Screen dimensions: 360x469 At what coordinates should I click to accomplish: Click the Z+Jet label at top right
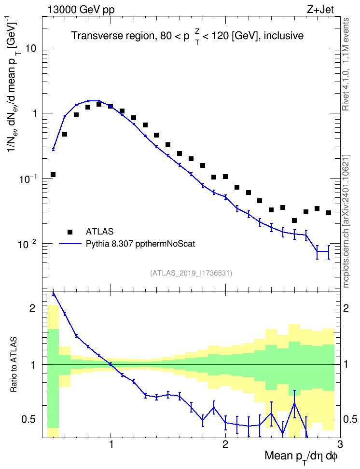tap(320, 10)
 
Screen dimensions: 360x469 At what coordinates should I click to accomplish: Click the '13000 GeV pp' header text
tap(81, 10)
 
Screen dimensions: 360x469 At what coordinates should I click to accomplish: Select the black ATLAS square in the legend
tap(70, 232)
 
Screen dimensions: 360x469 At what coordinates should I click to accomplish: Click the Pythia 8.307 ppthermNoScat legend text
tap(140, 244)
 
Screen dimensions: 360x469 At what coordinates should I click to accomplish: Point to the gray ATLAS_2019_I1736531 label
tap(191, 273)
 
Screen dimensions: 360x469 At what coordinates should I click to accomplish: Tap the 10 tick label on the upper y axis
tap(31, 48)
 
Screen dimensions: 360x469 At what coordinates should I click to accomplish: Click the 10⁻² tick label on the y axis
tap(27, 244)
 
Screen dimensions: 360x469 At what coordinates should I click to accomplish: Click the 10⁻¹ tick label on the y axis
tap(27, 179)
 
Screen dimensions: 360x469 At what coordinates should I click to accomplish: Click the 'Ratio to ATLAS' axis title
tap(13, 365)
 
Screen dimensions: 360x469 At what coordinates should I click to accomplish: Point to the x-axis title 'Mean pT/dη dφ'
tap(301, 457)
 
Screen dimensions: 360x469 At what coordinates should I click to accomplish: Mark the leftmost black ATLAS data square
tap(53, 175)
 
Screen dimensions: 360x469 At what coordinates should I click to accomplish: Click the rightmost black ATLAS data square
tap(329, 213)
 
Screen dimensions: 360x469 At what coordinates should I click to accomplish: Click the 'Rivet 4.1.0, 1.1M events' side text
tap(346, 64)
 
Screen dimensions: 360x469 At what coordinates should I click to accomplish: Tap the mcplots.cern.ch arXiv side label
tap(346, 221)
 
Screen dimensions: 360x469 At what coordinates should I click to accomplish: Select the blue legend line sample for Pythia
tap(70, 244)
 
